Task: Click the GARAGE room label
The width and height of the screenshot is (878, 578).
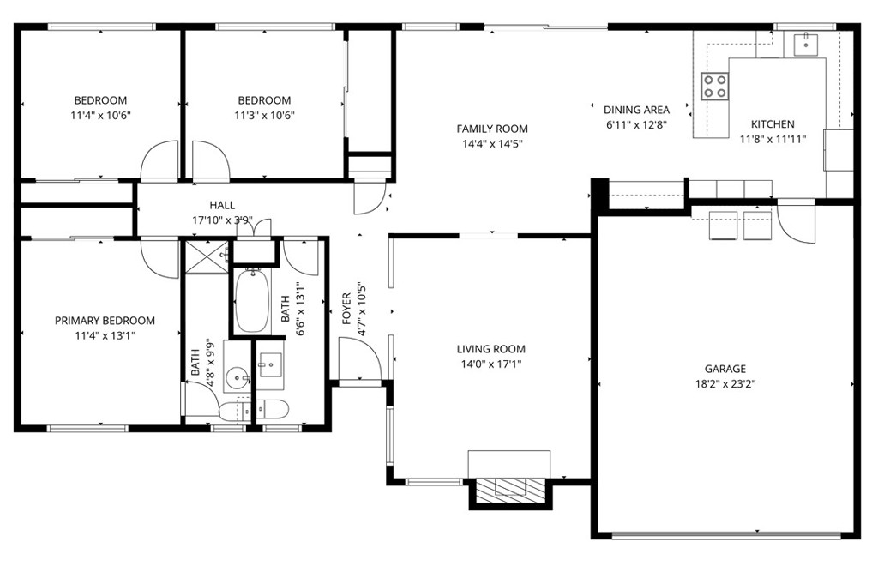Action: click(x=725, y=369)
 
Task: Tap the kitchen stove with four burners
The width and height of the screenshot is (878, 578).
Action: click(x=715, y=85)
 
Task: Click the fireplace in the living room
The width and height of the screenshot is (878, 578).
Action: click(x=511, y=487)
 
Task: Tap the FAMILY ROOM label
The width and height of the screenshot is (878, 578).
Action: click(x=491, y=129)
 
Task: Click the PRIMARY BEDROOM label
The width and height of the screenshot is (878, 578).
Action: click(x=105, y=321)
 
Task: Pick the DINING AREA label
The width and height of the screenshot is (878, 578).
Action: click(x=636, y=110)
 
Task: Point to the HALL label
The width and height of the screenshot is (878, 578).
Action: click(x=222, y=205)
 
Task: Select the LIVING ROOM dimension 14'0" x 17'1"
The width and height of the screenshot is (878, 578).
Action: click(x=490, y=364)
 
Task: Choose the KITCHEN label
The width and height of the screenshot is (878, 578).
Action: click(x=773, y=124)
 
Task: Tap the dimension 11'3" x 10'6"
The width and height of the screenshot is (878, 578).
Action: click(x=264, y=115)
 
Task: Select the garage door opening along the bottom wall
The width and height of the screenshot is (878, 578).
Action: click(x=727, y=536)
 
